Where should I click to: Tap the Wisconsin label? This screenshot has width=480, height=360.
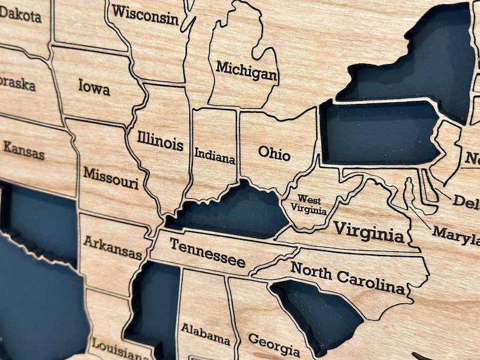145,14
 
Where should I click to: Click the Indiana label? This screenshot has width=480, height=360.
215,155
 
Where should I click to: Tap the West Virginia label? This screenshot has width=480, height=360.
308,205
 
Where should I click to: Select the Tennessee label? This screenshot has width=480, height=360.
207,252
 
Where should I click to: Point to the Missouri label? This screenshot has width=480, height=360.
111,177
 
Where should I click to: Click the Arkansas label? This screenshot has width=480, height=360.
112,247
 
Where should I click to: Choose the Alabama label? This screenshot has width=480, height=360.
206,333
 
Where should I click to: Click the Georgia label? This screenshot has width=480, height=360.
274,345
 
